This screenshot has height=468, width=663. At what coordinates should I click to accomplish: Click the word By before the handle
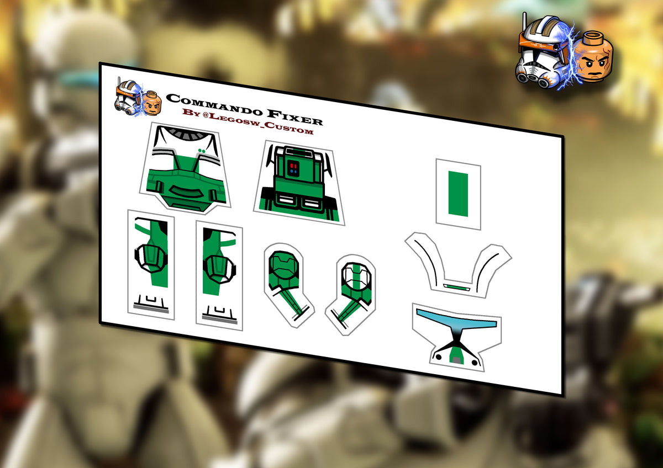click(x=190, y=113)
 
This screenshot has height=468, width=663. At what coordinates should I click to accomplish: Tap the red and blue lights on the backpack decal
click(x=293, y=167)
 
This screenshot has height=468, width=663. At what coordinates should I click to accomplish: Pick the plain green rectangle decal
click(x=458, y=194)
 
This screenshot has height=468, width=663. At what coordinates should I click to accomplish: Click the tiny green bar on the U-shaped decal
click(x=456, y=287)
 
